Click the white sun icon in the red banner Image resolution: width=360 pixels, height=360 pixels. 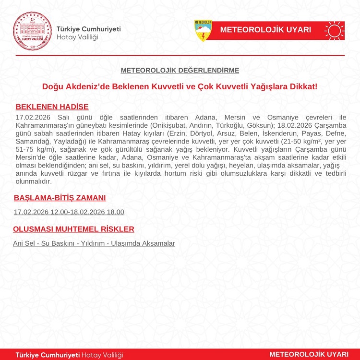pos(334,30)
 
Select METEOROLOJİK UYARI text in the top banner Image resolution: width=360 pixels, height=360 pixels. pos(265,30)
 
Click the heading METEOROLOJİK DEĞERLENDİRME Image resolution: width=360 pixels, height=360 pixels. pos(180,70)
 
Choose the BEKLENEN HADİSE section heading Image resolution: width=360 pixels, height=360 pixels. pos(52,107)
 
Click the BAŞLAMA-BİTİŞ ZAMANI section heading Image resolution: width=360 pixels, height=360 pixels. pos(60,198)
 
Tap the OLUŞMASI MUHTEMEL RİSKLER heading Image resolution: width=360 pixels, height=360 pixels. pos(73,229)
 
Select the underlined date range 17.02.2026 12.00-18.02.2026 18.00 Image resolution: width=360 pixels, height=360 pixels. pos(69,212)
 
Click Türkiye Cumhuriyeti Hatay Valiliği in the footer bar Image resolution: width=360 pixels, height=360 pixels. pos(70,355)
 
